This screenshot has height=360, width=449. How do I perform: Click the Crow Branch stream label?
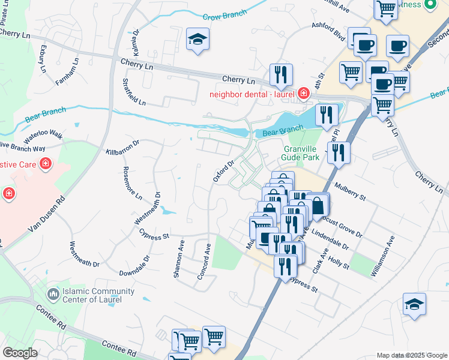click(x=221, y=17)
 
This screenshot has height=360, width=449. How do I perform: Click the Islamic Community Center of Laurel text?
click(x=92, y=295)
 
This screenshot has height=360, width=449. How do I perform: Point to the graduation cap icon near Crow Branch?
click(x=197, y=40)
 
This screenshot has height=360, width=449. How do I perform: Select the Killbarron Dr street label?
click(x=122, y=148)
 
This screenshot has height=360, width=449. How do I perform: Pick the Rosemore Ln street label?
click(x=133, y=182)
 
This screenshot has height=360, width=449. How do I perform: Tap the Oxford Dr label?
click(x=223, y=170)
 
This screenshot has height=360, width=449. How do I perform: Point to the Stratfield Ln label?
click(x=134, y=91)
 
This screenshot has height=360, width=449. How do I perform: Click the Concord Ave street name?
click(x=205, y=261)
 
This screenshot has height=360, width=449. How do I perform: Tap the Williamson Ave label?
click(x=382, y=256)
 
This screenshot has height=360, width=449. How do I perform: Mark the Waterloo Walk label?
click(x=43, y=133)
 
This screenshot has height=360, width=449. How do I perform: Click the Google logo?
click(x=20, y=353)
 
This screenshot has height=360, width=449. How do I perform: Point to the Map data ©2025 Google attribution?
click(x=411, y=355)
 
